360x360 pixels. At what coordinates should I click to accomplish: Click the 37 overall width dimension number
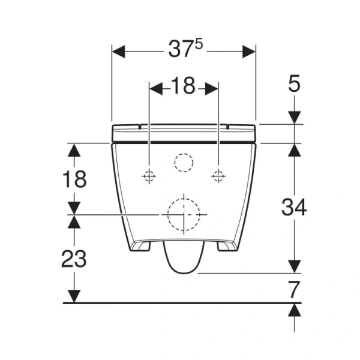(178, 52)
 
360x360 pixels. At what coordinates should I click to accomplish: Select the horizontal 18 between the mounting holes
(183, 87)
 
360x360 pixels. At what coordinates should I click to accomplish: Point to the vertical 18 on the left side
(74, 179)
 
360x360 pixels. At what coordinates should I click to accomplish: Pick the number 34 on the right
(294, 208)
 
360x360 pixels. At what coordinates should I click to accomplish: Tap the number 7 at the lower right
(293, 290)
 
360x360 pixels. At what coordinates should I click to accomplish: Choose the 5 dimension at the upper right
(293, 85)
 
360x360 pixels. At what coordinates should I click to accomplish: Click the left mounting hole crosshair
(148, 176)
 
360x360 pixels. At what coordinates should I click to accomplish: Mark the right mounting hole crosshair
(218, 176)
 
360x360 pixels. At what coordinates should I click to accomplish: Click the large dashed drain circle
(183, 214)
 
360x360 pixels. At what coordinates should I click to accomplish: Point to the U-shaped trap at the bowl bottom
(182, 258)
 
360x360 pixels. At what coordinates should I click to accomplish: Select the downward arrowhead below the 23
(74, 296)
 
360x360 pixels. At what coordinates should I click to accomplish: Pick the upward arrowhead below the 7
(293, 310)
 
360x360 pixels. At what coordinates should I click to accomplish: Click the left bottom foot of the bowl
(142, 246)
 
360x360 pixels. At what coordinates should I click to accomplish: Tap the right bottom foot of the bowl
(224, 246)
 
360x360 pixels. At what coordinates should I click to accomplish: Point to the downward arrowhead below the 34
(293, 265)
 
